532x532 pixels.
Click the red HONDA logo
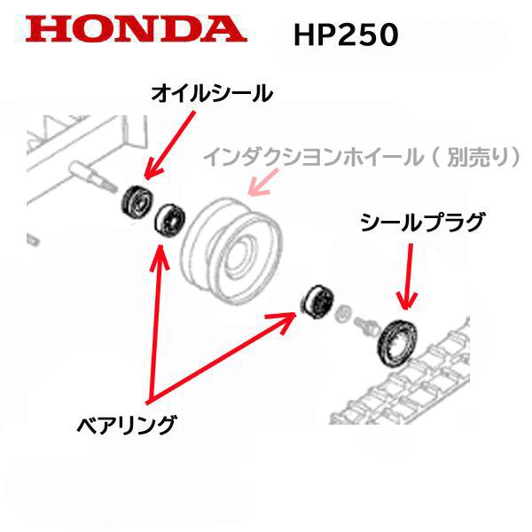(135, 29)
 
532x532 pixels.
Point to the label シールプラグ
(422, 223)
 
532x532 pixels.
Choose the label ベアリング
(125, 423)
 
